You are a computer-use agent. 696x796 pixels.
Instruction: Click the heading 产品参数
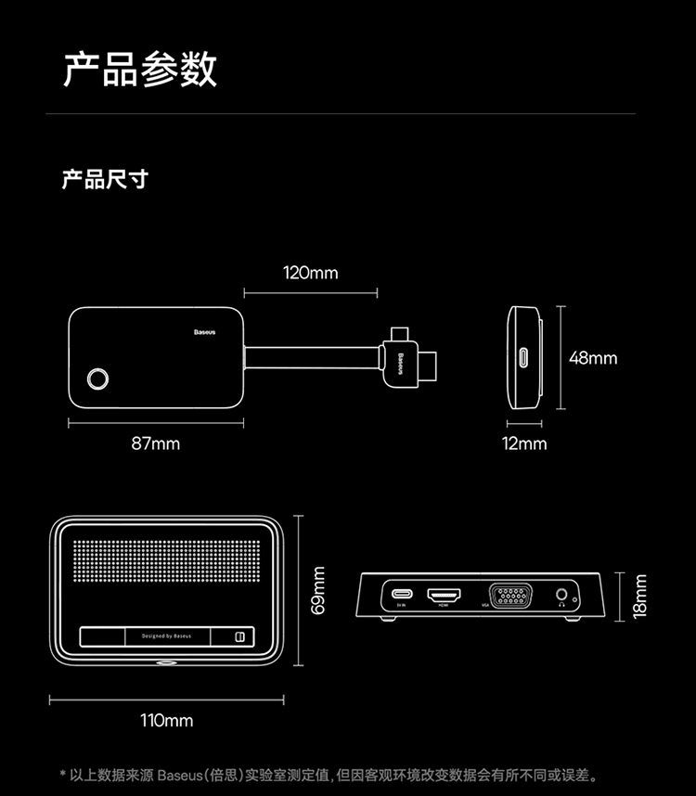[x=140, y=70]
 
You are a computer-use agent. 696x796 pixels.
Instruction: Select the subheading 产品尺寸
[x=104, y=179]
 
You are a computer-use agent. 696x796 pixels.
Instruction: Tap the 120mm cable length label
[x=310, y=273]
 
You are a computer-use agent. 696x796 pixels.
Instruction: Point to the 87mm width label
[x=155, y=443]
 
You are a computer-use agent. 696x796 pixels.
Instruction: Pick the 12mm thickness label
[x=524, y=443]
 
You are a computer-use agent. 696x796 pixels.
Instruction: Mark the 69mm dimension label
[x=318, y=591]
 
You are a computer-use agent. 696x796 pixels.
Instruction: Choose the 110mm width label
[x=167, y=720]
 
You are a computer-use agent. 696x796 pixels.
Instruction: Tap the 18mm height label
[x=640, y=595]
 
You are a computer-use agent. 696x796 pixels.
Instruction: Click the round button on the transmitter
[x=97, y=379]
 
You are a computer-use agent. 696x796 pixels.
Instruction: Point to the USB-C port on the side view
[x=523, y=358]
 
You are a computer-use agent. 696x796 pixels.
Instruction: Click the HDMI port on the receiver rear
[x=444, y=594]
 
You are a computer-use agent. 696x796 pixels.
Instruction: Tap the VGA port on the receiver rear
[x=510, y=595]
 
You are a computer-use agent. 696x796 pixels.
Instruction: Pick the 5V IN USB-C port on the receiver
[x=402, y=594]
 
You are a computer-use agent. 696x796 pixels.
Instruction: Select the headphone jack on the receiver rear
[x=561, y=594]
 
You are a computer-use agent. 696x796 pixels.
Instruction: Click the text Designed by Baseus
[x=166, y=636]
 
